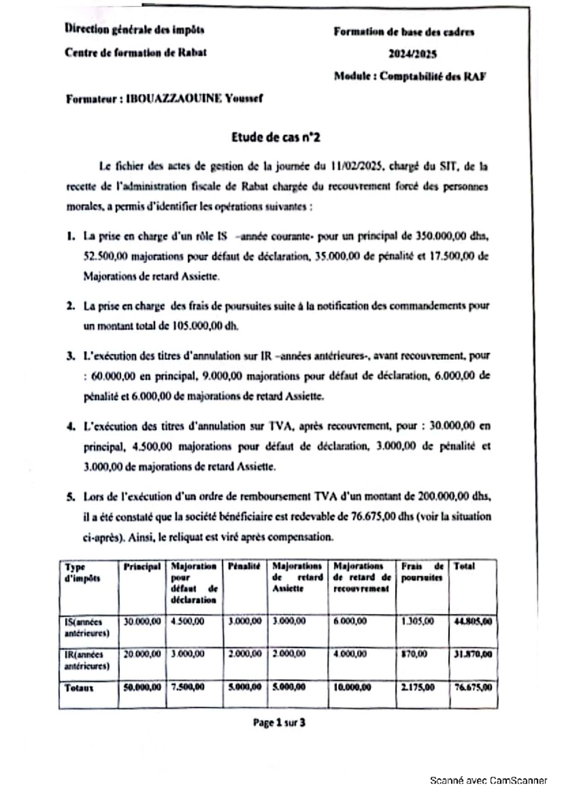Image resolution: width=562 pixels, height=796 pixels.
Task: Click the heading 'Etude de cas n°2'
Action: tap(276, 137)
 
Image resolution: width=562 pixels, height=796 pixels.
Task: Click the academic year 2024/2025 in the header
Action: tap(413, 54)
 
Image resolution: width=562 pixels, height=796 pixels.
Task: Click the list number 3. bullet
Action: tap(71, 356)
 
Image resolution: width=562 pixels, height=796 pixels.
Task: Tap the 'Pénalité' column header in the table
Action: tap(244, 567)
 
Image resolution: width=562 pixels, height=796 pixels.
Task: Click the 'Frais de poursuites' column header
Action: tap(421, 572)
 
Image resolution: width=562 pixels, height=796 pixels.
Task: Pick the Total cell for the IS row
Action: tap(473, 622)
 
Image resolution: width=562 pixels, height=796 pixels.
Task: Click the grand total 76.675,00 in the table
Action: tap(473, 688)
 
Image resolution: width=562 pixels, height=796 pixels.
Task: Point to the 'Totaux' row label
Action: tap(79, 688)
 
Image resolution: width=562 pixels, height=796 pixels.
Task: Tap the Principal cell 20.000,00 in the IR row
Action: tap(142, 654)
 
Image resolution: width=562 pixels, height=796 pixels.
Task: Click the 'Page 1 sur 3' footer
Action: tap(279, 722)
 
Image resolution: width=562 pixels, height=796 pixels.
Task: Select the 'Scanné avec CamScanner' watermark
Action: tap(488, 780)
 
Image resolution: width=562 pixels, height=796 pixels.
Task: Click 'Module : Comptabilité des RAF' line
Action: tap(410, 76)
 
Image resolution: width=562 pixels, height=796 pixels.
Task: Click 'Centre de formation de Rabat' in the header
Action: tap(135, 52)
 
